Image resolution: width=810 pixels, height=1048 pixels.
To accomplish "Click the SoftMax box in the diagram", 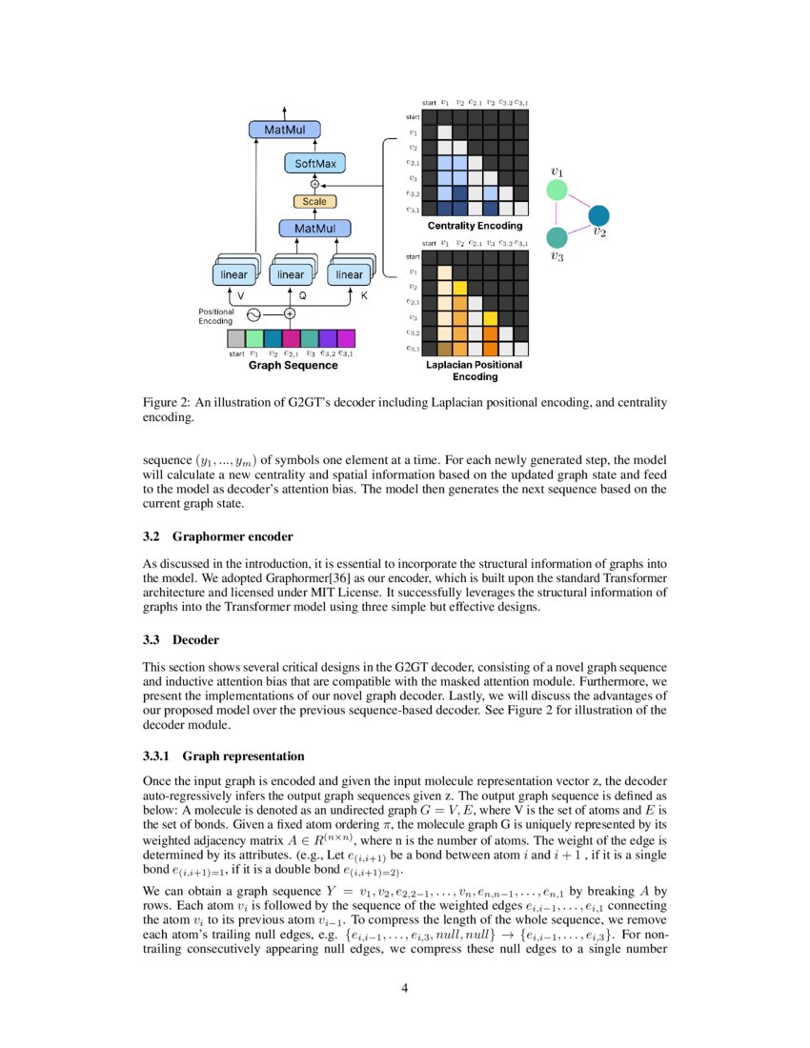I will pyautogui.click(x=314, y=164).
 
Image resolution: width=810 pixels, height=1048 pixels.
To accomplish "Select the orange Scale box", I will pyautogui.click(x=314, y=202).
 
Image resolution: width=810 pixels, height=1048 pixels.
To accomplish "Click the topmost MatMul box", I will pyautogui.click(x=284, y=130).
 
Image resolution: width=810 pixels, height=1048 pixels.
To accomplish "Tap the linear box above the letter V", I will pyautogui.click(x=233, y=274).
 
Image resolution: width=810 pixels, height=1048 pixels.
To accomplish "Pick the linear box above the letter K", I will pyautogui.click(x=350, y=274).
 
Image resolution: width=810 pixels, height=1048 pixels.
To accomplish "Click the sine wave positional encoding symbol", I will pyautogui.click(x=254, y=312).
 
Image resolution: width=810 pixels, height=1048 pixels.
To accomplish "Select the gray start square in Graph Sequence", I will pyautogui.click(x=236, y=338).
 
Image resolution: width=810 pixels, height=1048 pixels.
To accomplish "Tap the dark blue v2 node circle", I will pyautogui.click(x=599, y=215).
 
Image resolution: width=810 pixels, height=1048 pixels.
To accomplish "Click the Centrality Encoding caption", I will pyautogui.click(x=474, y=226).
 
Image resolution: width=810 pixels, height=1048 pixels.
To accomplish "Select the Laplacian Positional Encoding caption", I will pyautogui.click(x=474, y=371).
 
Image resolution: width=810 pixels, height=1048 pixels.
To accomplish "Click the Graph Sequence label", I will pyautogui.click(x=293, y=365).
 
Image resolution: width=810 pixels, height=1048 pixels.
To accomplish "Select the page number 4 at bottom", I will pyautogui.click(x=405, y=988).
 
